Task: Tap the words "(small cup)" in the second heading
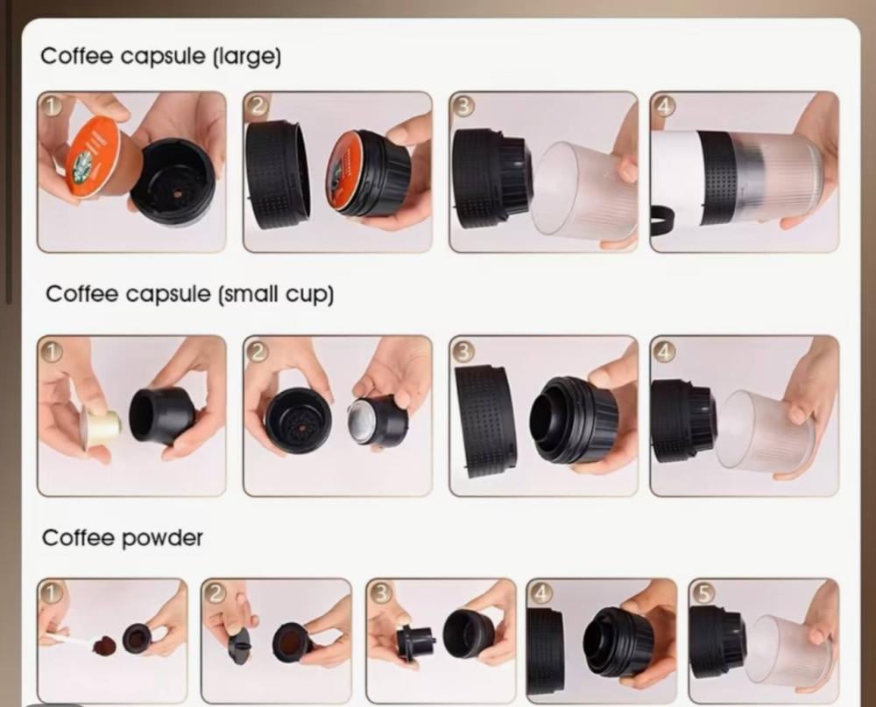pyautogui.click(x=276, y=294)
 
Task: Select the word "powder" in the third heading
pyautogui.click(x=162, y=538)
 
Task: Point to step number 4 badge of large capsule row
pyautogui.click(x=664, y=106)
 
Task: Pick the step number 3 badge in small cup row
pyautogui.click(x=463, y=350)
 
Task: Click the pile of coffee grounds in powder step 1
pyautogui.click(x=103, y=646)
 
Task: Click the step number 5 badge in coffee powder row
pyautogui.click(x=704, y=594)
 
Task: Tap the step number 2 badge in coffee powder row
pyautogui.click(x=215, y=594)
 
